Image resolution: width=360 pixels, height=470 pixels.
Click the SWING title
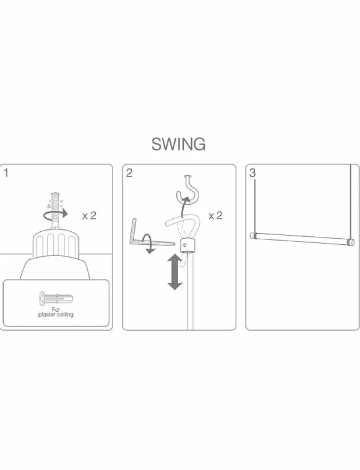(x=178, y=144)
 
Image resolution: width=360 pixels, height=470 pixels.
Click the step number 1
(x=6, y=173)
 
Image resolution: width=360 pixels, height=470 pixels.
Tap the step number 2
(x=129, y=173)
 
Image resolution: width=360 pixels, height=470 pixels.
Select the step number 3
(x=252, y=173)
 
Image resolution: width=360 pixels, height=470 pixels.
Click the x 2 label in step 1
(x=89, y=215)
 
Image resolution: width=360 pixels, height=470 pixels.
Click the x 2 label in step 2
(x=216, y=215)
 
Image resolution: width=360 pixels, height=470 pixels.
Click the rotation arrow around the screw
(x=56, y=214)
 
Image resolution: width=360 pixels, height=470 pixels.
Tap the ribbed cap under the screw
(x=55, y=243)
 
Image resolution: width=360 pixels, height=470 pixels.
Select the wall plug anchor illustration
(x=56, y=298)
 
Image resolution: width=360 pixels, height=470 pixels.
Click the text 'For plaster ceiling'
(x=56, y=312)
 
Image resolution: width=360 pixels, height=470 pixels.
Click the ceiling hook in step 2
(x=187, y=189)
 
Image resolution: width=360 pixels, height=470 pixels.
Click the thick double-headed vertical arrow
(x=174, y=272)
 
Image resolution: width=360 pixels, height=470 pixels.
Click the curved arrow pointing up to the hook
(x=184, y=207)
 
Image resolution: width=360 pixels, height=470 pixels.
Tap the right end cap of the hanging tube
(x=350, y=242)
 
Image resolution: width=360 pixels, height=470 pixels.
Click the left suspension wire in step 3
(x=255, y=204)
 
